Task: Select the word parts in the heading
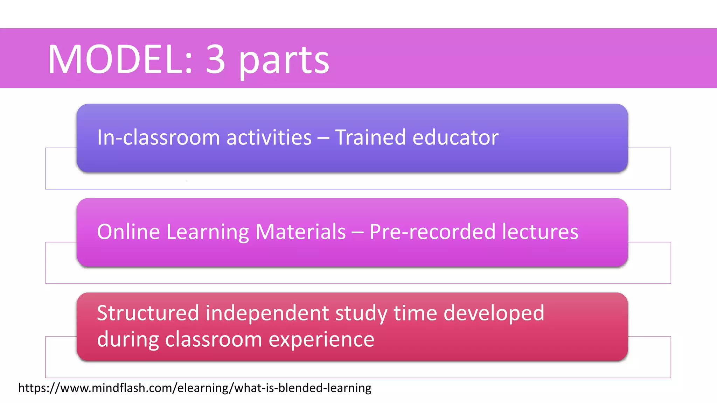point(284,61)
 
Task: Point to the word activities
point(269,137)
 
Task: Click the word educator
point(455,137)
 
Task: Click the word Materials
point(300,232)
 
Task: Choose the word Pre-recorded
point(432,232)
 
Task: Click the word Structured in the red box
point(148,313)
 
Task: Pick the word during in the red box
point(128,339)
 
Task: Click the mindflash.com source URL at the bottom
point(195,388)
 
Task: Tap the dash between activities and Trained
point(323,138)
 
